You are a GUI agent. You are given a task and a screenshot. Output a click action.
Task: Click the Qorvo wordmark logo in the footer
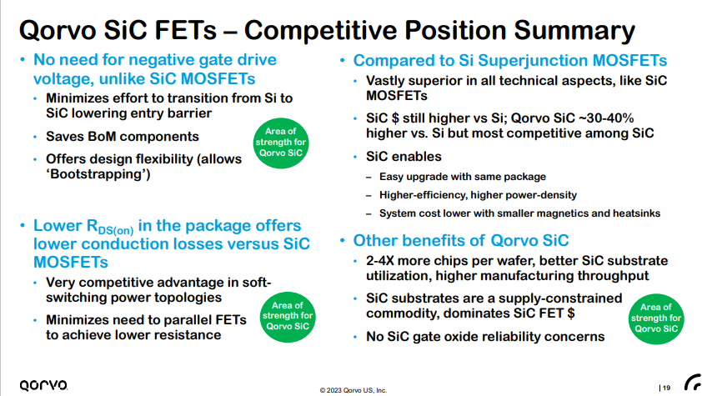43,385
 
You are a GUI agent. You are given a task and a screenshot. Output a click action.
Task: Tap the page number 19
666,388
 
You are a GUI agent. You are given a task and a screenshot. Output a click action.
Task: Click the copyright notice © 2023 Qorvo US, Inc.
354,390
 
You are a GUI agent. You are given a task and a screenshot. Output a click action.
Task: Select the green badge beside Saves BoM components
281,143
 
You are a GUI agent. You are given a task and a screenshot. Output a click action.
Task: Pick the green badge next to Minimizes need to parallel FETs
288,316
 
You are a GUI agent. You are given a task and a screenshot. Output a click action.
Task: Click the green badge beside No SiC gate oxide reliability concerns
656,318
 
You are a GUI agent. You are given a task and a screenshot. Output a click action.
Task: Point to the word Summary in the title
574,30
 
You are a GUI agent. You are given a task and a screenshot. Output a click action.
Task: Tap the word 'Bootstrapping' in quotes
98,174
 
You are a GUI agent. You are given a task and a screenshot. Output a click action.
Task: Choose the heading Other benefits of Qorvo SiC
461,240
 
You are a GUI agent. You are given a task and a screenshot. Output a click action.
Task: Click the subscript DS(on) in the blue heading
116,230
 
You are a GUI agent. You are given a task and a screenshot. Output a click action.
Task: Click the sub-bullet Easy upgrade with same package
463,177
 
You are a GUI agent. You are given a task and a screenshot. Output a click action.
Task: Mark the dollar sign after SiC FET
570,313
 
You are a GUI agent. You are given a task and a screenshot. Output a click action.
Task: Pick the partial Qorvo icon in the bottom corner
693,383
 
